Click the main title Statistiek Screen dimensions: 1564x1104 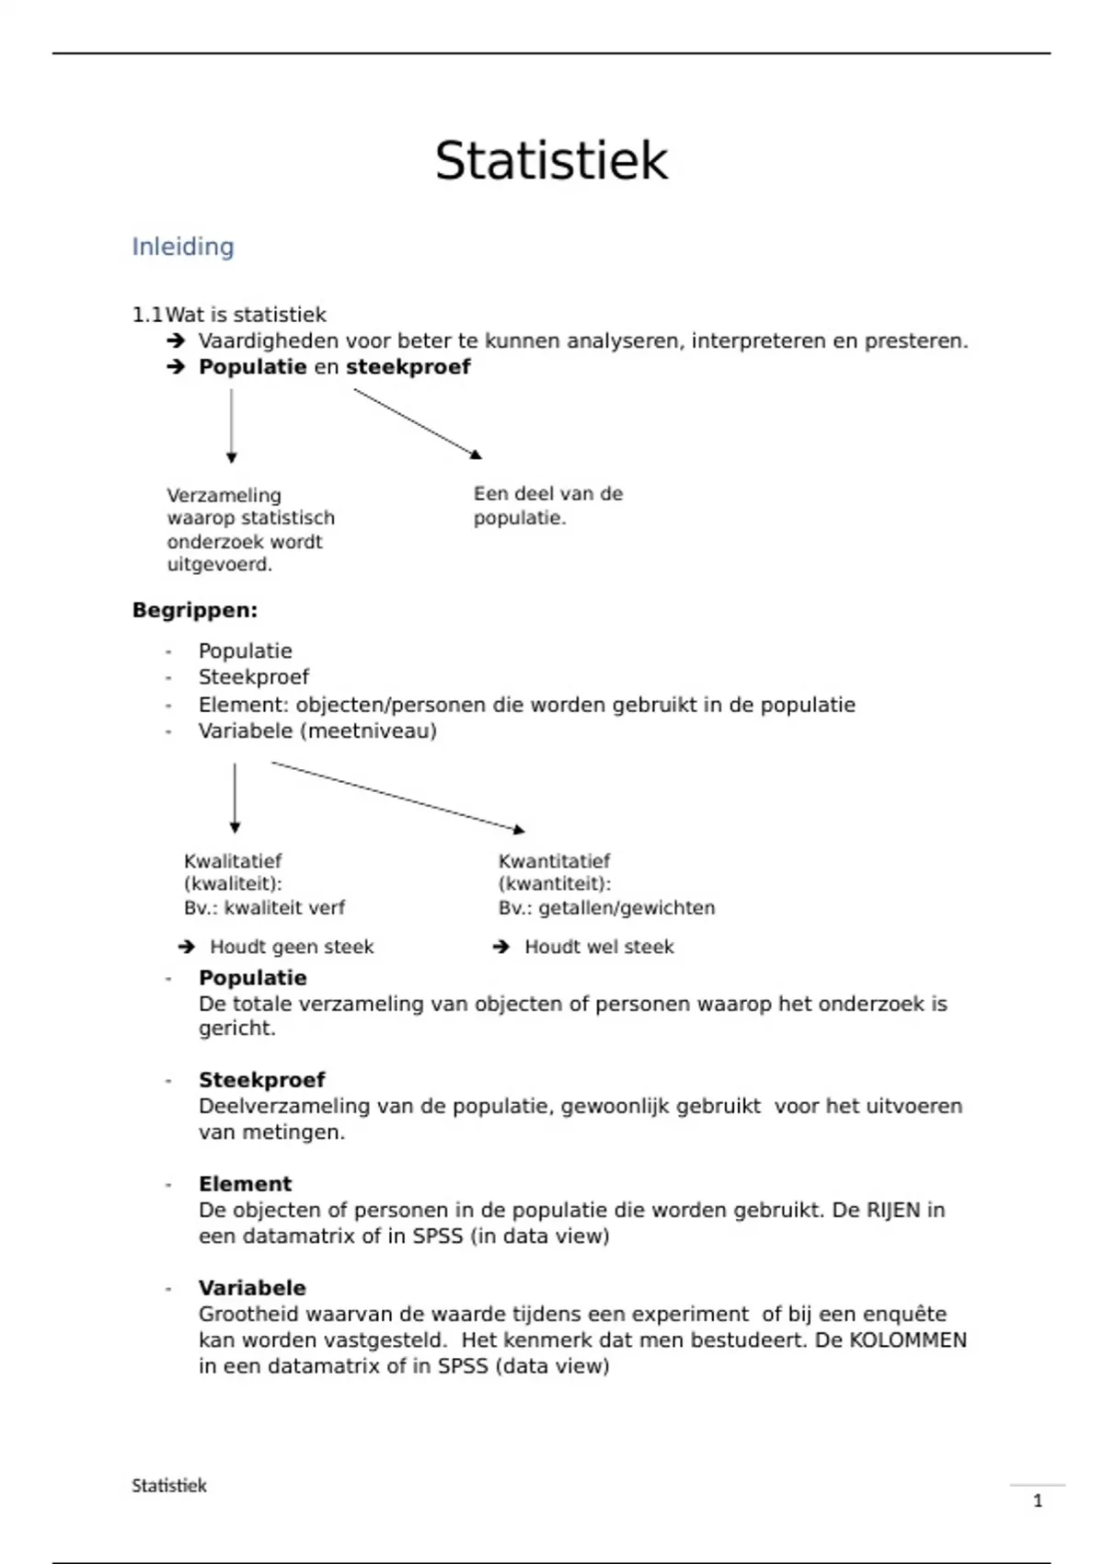coord(551,161)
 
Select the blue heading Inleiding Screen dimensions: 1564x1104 coord(183,247)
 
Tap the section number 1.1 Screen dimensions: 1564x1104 coord(146,315)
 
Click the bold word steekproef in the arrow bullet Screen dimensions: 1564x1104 coord(408,367)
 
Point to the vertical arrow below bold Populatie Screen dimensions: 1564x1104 coord(231,425)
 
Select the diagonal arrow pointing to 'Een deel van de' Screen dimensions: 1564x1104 coord(417,423)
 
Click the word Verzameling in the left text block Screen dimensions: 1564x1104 coord(224,495)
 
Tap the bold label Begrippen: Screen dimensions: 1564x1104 coord(195,610)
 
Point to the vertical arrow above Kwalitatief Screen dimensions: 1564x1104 coord(235,797)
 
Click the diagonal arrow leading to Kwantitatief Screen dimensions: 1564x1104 coord(397,797)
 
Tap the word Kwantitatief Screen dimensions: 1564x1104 coord(554,861)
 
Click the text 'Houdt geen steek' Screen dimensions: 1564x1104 coord(292,947)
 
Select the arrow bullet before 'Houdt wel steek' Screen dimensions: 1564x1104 coord(501,947)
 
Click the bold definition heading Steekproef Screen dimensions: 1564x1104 coord(261,1080)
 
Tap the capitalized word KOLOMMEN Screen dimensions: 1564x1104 coord(907,1340)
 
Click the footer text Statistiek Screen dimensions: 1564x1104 coord(169,1486)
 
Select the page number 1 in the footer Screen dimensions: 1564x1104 coord(1038,1501)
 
